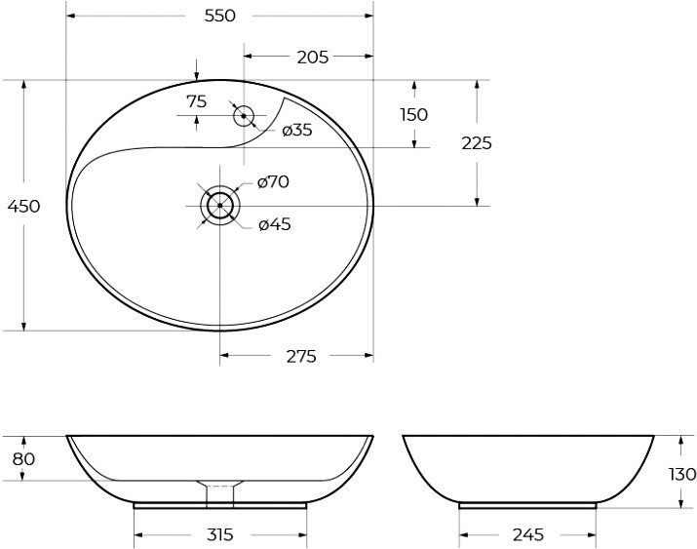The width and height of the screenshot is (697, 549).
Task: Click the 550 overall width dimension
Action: pyautogui.click(x=219, y=16)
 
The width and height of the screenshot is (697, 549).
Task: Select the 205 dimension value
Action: pyautogui.click(x=313, y=57)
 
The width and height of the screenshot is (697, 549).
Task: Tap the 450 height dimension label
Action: pyautogui.click(x=24, y=207)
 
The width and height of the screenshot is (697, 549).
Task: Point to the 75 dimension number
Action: pyautogui.click(x=197, y=101)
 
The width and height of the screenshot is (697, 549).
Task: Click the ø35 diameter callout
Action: pyautogui.click(x=297, y=131)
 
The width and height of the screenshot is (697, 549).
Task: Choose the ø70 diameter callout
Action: pyautogui.click(x=273, y=181)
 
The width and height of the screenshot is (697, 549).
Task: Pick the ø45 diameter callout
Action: pyautogui.click(x=275, y=224)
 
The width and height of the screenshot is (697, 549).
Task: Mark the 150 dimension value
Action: pyautogui.click(x=414, y=115)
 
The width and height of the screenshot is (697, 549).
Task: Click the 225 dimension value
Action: pyautogui.click(x=477, y=143)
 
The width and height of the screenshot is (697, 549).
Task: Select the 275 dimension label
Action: pyautogui.click(x=301, y=356)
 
